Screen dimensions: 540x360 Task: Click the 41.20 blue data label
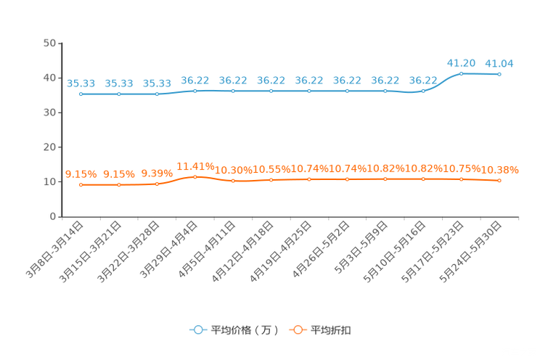[461, 63]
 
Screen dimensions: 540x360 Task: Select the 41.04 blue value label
[499, 63]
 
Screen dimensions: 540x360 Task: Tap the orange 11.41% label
[195, 166]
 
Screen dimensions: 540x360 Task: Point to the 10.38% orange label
[499, 170]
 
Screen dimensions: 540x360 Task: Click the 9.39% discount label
[157, 173]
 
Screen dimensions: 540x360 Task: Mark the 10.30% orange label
[234, 170]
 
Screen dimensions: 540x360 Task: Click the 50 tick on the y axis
[49, 43]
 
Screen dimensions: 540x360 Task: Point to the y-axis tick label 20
[49, 147]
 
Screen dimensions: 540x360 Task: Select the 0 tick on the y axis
[53, 216]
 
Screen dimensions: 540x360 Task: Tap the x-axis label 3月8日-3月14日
[54, 250]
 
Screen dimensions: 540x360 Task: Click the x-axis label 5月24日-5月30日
[470, 252]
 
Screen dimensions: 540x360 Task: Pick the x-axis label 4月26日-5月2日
[321, 250]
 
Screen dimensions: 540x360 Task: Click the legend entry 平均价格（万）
[234, 330]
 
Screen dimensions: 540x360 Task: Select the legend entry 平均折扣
[320, 330]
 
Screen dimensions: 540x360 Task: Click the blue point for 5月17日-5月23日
[461, 74]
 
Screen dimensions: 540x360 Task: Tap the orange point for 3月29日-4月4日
[195, 176]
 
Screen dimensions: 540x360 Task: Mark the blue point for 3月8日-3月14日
[81, 94]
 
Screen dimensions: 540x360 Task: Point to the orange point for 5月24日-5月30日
[499, 181]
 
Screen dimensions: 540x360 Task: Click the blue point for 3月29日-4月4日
[195, 91]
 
